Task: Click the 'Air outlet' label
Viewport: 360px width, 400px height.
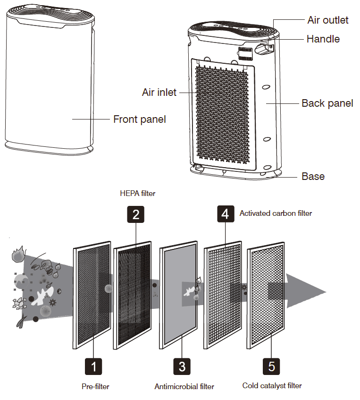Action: [327, 20]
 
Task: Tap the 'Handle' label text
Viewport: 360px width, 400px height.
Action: [323, 39]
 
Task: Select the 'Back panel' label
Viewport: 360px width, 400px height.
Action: [327, 103]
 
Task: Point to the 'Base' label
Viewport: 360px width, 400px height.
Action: [313, 177]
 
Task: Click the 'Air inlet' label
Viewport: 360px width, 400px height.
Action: [159, 92]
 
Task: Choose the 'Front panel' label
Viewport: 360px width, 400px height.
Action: [139, 119]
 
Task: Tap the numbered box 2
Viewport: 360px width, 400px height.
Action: [136, 215]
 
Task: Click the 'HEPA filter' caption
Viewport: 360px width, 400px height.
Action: [137, 194]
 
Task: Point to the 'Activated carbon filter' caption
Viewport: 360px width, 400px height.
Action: [276, 213]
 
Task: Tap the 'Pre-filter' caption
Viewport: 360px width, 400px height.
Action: [95, 387]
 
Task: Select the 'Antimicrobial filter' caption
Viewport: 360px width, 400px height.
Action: [184, 387]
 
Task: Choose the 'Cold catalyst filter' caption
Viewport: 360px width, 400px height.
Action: [272, 386]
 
